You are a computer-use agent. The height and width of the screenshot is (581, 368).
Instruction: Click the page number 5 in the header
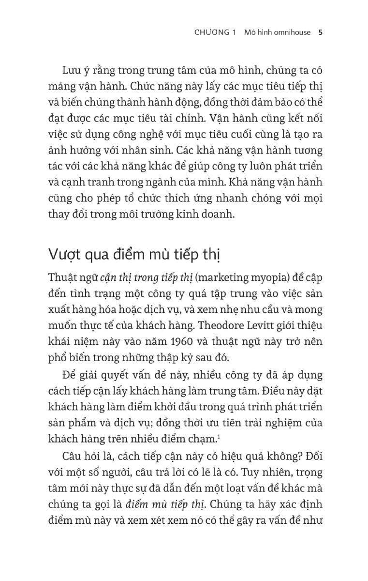(321, 33)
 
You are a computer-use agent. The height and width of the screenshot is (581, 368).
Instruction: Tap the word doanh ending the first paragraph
(218, 214)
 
